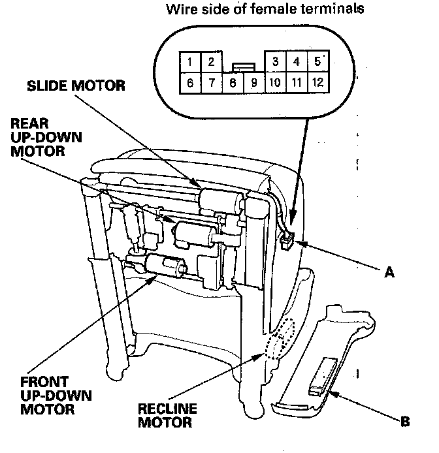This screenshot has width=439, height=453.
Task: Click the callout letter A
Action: (389, 274)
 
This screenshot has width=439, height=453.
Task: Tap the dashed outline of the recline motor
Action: (280, 341)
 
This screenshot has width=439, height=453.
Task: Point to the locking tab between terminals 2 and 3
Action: (243, 67)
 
